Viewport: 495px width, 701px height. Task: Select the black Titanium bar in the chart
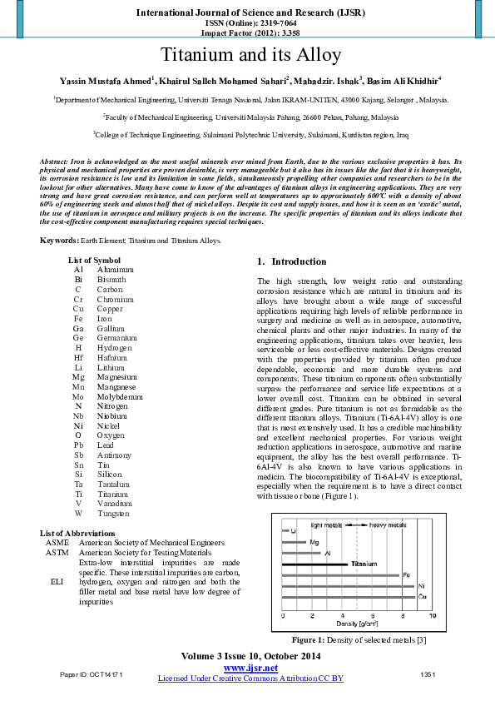(316, 564)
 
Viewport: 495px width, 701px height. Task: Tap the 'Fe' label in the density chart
(405, 574)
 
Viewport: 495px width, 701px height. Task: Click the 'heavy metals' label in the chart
(388, 525)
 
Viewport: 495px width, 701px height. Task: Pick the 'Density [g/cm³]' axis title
(357, 624)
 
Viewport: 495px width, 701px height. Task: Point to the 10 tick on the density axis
(432, 615)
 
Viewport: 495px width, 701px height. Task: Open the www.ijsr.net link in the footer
(250, 668)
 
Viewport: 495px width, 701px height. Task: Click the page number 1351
(428, 673)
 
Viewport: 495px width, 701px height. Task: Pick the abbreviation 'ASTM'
(57, 552)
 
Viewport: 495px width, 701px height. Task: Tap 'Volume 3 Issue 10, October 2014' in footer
(250, 657)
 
